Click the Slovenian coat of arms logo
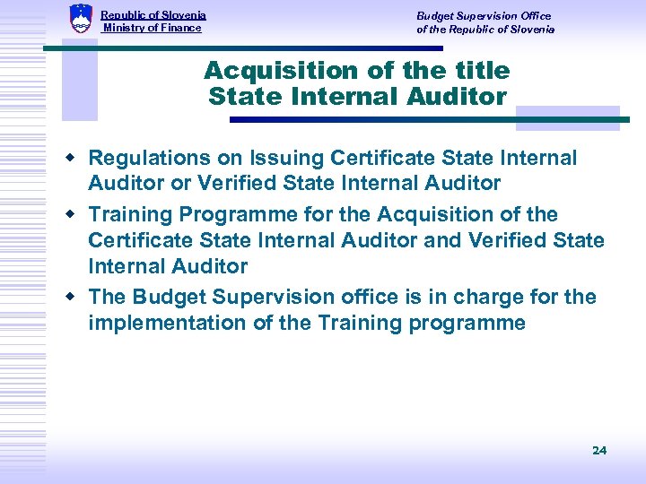[x=81, y=19]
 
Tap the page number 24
[x=599, y=450]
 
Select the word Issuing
[x=292, y=159]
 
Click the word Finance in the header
[x=182, y=28]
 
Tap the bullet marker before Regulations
[x=75, y=159]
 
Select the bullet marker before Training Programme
[x=75, y=215]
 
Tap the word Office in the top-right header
[x=537, y=16]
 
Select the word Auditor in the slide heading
[x=458, y=96]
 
